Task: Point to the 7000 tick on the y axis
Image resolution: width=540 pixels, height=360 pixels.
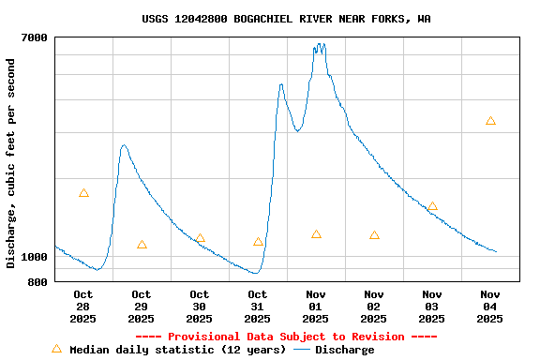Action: click(x=34, y=37)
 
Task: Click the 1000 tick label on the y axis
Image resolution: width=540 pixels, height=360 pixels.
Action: click(x=34, y=257)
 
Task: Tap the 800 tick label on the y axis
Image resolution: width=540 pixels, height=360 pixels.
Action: click(x=37, y=281)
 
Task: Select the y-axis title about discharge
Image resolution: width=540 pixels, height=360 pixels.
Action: click(x=11, y=163)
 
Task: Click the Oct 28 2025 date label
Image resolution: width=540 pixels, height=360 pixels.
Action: click(x=82, y=307)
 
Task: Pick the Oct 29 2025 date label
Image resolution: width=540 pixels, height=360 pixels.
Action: click(x=141, y=307)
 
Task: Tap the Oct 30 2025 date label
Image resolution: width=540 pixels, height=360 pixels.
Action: click(x=199, y=307)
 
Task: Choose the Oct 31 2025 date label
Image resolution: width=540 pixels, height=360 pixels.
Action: click(x=257, y=307)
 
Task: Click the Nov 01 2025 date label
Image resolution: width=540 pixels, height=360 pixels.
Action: click(x=315, y=307)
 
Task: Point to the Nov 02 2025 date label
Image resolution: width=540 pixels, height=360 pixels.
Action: click(x=374, y=307)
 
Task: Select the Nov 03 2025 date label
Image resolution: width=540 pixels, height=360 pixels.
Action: click(x=432, y=307)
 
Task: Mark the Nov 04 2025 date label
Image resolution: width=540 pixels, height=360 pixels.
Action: click(x=490, y=307)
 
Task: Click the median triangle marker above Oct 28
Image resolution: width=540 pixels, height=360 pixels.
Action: click(x=83, y=193)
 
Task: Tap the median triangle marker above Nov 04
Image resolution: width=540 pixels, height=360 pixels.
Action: click(x=490, y=121)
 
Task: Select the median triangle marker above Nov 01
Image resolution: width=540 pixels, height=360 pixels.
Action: click(x=316, y=234)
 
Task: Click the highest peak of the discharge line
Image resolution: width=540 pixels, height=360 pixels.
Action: click(x=320, y=44)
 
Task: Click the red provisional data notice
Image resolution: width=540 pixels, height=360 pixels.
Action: click(x=286, y=337)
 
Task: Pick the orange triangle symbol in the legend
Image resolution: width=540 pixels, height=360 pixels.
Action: click(x=56, y=349)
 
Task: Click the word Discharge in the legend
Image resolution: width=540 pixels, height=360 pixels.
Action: click(x=344, y=350)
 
